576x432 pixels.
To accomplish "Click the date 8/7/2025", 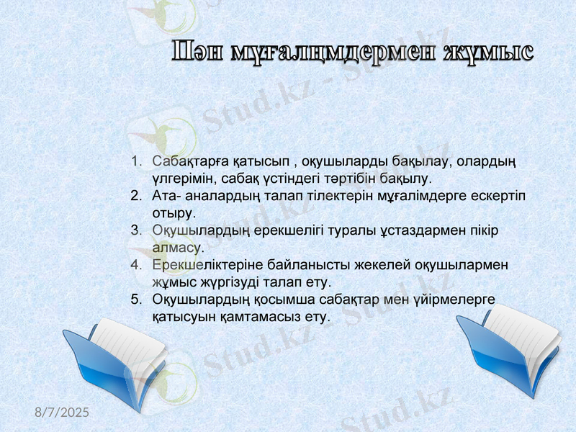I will pyautogui.click(x=63, y=413).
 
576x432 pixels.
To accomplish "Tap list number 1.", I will pyautogui.click(x=135, y=160).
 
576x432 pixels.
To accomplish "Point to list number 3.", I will pyautogui.click(x=135, y=230).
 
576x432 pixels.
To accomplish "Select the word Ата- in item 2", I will pyautogui.click(x=168, y=196).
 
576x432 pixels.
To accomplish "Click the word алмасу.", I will pyautogui.click(x=174, y=248).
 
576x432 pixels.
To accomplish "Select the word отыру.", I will pyautogui.click(x=173, y=213).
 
